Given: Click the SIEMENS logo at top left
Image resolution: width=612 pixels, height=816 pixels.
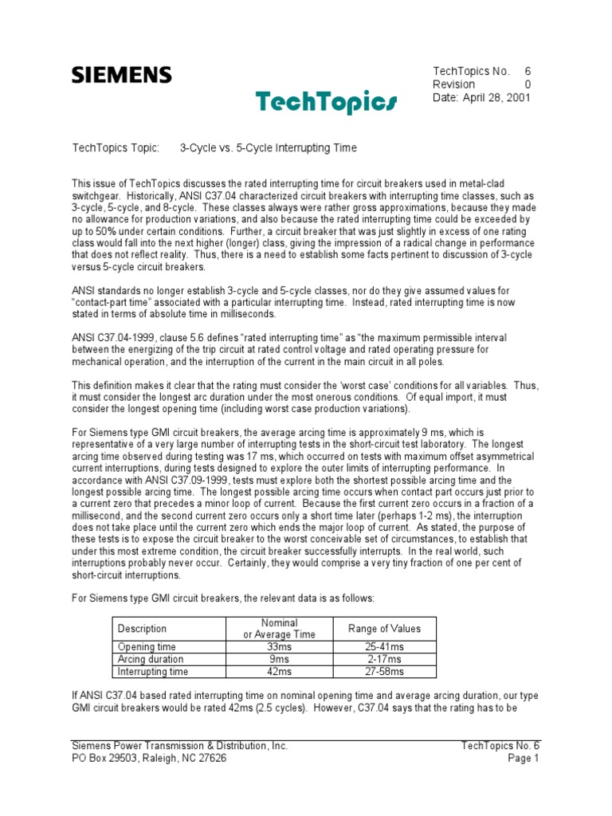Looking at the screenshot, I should (122, 75).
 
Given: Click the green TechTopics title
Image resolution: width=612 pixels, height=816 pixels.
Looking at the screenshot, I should (326, 101).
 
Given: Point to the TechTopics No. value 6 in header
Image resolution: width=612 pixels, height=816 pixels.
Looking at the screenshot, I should (527, 71).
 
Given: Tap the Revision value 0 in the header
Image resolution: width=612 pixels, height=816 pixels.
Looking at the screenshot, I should (527, 84).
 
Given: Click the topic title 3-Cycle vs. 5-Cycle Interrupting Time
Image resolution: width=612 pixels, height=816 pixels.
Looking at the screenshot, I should (268, 148).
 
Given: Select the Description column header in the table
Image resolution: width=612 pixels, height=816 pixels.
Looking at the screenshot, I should (142, 629).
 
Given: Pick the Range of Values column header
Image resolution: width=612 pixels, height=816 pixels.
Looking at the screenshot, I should (384, 629).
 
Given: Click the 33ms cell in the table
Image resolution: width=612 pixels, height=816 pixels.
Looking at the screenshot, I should (279, 647).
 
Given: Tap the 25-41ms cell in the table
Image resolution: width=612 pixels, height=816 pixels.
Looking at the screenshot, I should (384, 647).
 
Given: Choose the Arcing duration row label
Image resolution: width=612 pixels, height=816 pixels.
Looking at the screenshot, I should (151, 659).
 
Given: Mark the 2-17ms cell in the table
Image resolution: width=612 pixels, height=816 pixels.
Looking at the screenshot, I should (384, 659).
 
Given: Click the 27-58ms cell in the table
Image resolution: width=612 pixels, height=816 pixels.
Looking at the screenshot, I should (384, 671).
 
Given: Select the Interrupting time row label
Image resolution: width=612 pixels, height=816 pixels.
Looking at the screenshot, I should (152, 671).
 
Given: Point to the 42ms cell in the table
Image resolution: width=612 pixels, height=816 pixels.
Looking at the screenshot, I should (279, 671).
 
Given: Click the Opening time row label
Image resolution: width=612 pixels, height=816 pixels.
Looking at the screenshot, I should (147, 647).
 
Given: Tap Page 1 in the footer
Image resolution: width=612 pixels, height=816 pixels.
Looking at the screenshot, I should (524, 759).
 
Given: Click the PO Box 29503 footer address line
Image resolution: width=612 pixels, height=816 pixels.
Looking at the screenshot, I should (149, 759).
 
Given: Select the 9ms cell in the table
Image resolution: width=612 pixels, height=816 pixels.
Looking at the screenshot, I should (279, 659).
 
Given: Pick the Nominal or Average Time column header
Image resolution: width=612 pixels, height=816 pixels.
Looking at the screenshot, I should (279, 629).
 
